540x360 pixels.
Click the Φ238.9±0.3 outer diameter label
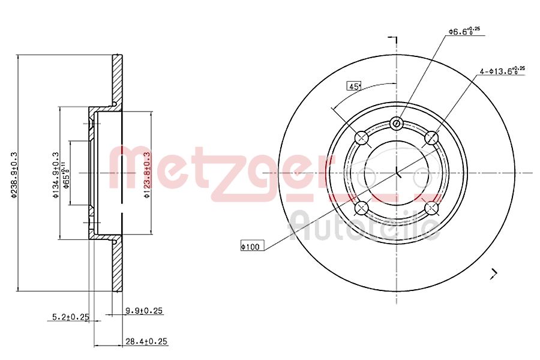pyautogui.click(x=14, y=173)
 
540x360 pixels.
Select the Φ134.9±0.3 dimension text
pyautogui.click(x=55, y=173)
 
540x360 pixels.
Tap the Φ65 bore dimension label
pyautogui.click(x=67, y=174)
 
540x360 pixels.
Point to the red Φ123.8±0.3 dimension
pyautogui.click(x=146, y=173)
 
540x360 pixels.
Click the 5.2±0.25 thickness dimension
pyautogui.click(x=67, y=316)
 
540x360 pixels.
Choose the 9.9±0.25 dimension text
pyautogui.click(x=145, y=311)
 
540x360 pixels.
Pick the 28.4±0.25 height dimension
pyautogui.click(x=145, y=341)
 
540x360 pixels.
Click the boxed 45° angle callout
pyautogui.click(x=354, y=86)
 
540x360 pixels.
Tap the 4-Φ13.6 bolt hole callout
pyautogui.click(x=502, y=71)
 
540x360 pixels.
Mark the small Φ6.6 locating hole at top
pyautogui.click(x=397, y=124)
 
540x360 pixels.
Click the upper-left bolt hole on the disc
pyautogui.click(x=362, y=139)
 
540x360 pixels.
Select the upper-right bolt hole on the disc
pyautogui.click(x=431, y=139)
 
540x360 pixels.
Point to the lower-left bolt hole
pyautogui.click(x=362, y=208)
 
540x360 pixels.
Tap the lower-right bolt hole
pyautogui.click(x=431, y=208)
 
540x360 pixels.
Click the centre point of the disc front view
pyautogui.click(x=397, y=173)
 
